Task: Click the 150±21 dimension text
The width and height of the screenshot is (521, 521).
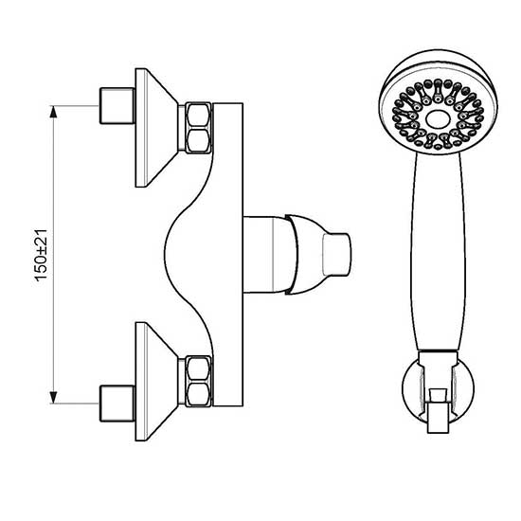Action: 42,255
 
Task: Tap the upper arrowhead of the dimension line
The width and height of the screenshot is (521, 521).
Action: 53,112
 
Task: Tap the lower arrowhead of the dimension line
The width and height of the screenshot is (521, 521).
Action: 53,398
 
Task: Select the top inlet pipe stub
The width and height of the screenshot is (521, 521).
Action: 117,106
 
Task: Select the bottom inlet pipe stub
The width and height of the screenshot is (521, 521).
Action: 117,404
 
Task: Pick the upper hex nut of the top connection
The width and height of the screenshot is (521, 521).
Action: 198,115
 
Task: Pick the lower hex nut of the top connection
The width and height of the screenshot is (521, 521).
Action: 198,141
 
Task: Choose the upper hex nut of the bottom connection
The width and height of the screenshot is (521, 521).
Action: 198,368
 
